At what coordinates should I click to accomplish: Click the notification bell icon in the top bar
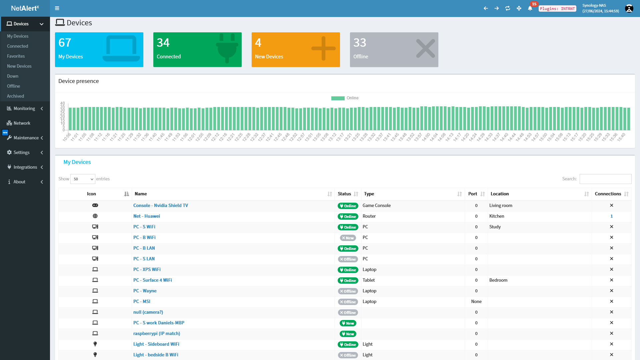coord(530,8)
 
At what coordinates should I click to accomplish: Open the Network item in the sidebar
coord(22,123)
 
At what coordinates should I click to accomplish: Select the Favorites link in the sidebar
coord(16,56)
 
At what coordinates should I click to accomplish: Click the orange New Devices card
coord(296,50)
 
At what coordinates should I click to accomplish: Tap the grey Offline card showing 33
coord(394,50)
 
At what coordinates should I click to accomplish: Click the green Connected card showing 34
coord(197,50)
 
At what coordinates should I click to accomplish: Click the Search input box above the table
coord(605,179)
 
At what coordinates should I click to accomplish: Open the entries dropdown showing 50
coord(83,179)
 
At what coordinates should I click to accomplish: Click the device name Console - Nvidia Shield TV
coord(161,205)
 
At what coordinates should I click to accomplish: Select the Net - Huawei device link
coord(147,216)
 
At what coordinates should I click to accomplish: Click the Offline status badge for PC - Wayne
coord(348,291)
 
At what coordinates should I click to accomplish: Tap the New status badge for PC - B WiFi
coord(348,238)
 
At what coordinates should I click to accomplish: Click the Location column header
coord(500,194)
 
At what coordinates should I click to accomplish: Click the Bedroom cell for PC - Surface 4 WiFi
coord(498,280)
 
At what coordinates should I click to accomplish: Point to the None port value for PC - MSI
coord(476,301)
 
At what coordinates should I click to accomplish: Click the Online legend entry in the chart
coord(345,98)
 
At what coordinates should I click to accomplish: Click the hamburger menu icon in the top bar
coord(57,8)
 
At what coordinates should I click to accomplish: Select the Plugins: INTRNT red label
coord(557,9)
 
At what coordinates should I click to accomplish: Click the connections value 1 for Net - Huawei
coord(612,216)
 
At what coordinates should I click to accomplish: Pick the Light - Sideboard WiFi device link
coord(156,344)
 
